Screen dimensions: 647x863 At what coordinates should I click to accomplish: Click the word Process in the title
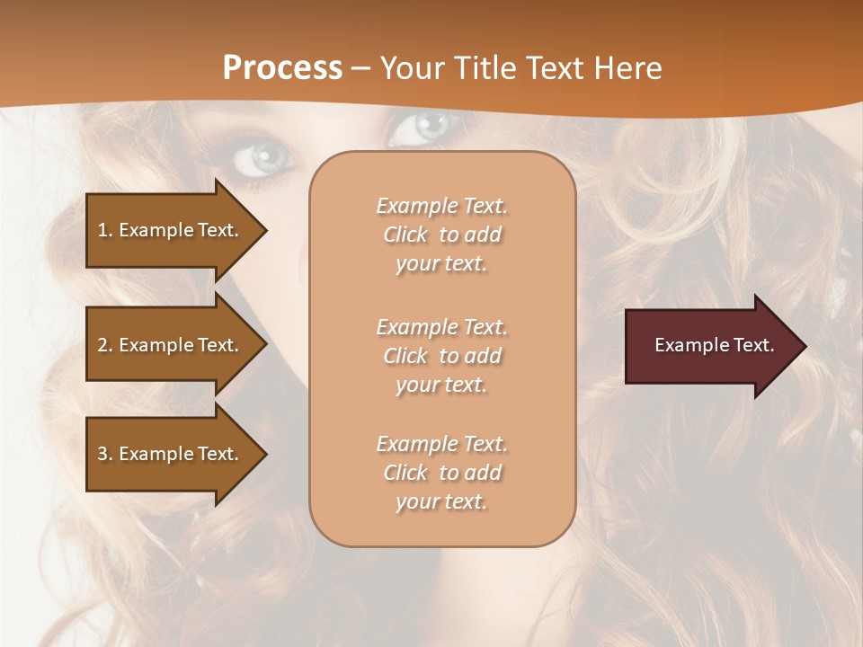[282, 68]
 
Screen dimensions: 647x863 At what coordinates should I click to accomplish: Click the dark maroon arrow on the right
[710, 345]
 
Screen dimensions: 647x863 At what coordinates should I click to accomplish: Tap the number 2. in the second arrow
[104, 345]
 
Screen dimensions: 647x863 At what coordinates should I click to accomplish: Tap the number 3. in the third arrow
[104, 454]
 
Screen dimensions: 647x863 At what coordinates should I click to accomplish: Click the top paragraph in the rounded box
[441, 235]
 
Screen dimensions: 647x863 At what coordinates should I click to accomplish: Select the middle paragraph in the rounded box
[441, 356]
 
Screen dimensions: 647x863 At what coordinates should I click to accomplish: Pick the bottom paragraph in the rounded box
[441, 473]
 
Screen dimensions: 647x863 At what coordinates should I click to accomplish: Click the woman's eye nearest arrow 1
[259, 159]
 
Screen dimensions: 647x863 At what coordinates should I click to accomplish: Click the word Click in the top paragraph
[405, 235]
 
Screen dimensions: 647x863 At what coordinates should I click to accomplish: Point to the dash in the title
[361, 69]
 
